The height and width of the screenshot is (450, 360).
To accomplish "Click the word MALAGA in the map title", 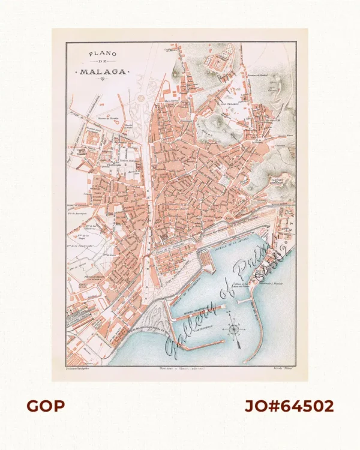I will click(101, 71).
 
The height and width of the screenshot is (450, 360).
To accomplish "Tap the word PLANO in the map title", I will click(101, 54).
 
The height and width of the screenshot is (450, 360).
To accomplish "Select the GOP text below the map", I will click(45, 406).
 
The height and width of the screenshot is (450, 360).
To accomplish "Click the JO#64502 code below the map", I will click(289, 406).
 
